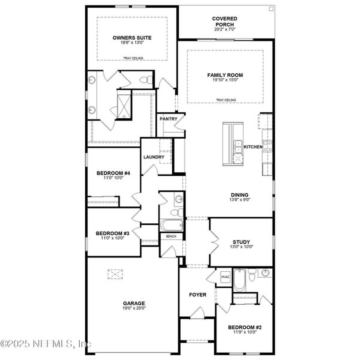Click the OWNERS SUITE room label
pos(131,38)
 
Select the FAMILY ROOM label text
pos(225,75)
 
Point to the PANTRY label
pos(167,119)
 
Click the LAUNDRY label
pos(154,157)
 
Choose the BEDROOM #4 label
pos(109,173)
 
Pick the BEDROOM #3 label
pos(109,233)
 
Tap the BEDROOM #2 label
pos(244,328)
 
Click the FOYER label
pos(198,295)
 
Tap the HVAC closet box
pos(225,277)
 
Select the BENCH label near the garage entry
pos(172,236)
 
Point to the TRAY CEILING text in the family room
pos(225,100)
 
